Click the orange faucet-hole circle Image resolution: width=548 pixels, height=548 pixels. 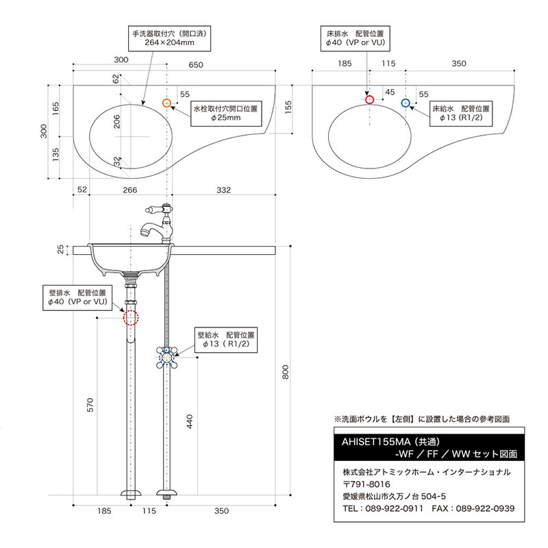point(166,103)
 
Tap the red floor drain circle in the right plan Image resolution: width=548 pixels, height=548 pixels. point(370,100)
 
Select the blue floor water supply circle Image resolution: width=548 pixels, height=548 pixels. point(406,103)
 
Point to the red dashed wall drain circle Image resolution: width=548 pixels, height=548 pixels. point(130,318)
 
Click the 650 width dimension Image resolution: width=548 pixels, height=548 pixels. point(195,65)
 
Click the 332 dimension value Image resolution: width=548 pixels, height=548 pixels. point(223,189)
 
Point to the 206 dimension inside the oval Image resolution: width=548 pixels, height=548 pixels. point(117,122)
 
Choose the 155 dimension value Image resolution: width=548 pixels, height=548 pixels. point(289,107)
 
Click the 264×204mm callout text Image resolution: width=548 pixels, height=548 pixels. point(170,42)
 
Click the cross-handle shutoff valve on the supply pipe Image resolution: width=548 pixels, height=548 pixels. point(168,356)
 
